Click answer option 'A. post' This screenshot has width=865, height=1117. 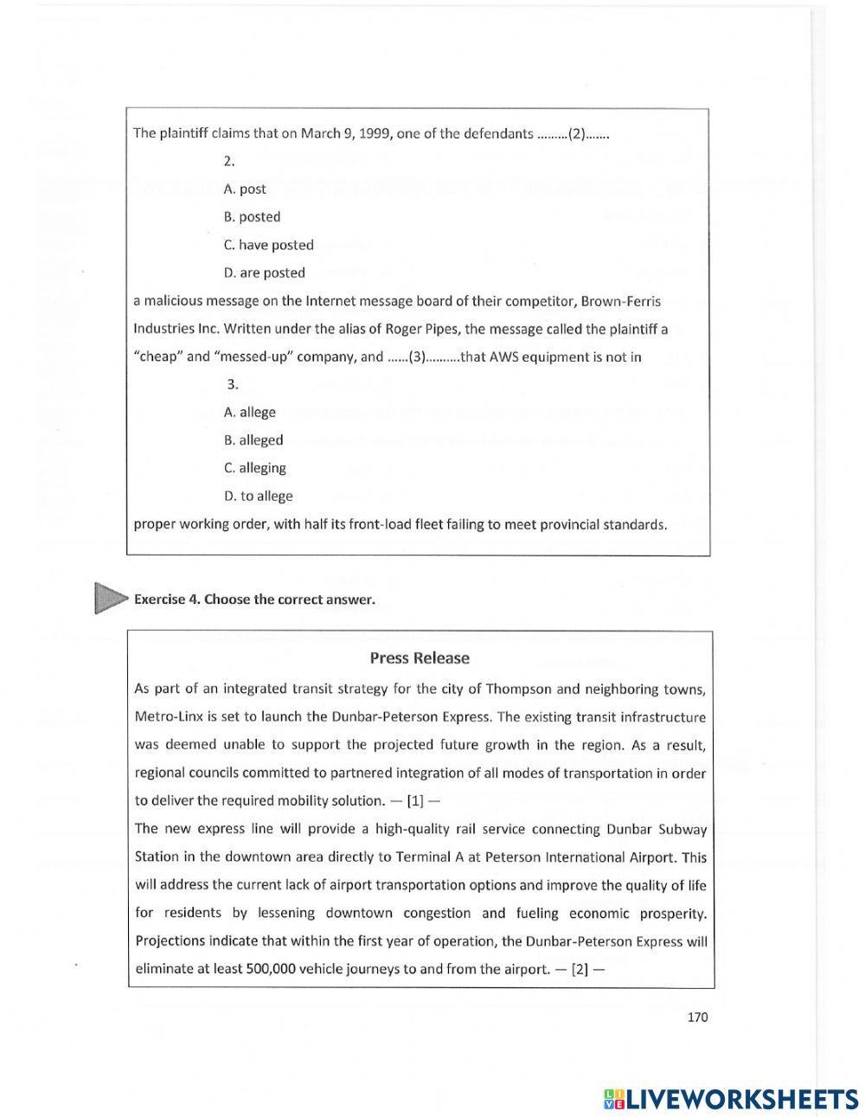click(x=245, y=189)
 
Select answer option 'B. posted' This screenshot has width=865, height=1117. click(x=252, y=217)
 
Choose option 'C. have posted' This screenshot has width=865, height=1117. click(x=268, y=245)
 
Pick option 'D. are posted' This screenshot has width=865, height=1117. click(x=264, y=273)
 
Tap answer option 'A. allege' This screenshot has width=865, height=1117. click(x=249, y=412)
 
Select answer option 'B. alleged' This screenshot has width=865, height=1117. click(x=253, y=440)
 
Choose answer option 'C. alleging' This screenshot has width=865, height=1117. click(x=254, y=468)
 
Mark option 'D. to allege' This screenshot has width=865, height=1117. click(x=258, y=496)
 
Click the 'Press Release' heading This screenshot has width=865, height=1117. click(x=420, y=658)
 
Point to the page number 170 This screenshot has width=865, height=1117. click(x=697, y=1017)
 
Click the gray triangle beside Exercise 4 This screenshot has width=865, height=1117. click(x=110, y=598)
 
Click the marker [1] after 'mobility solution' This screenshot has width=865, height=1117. click(x=414, y=800)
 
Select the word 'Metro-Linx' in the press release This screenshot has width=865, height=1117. click(x=167, y=717)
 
